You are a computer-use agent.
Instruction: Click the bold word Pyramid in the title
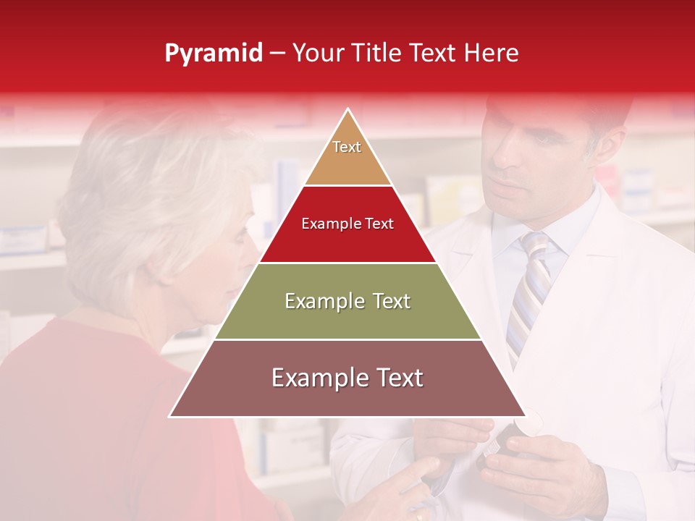[213, 54]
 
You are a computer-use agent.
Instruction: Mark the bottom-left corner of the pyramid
[170, 416]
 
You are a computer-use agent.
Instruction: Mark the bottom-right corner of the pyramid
[525, 416]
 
